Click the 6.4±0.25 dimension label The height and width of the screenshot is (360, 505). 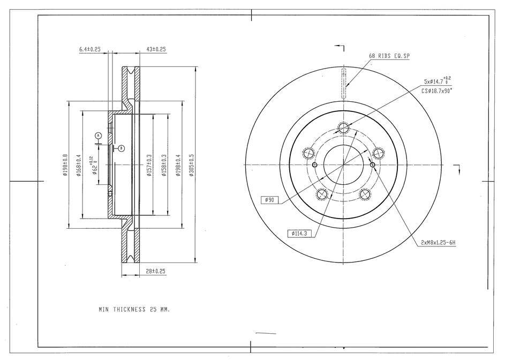90,49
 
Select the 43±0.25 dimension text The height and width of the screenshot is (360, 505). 156,49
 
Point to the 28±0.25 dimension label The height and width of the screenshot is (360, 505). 155,272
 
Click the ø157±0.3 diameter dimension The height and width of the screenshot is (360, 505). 149,166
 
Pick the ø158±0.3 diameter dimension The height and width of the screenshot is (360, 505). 164,166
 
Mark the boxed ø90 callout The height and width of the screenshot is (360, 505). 269,200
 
